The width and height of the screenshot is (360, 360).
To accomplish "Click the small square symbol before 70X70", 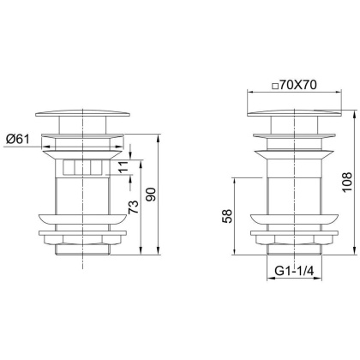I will pos(273,85).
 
